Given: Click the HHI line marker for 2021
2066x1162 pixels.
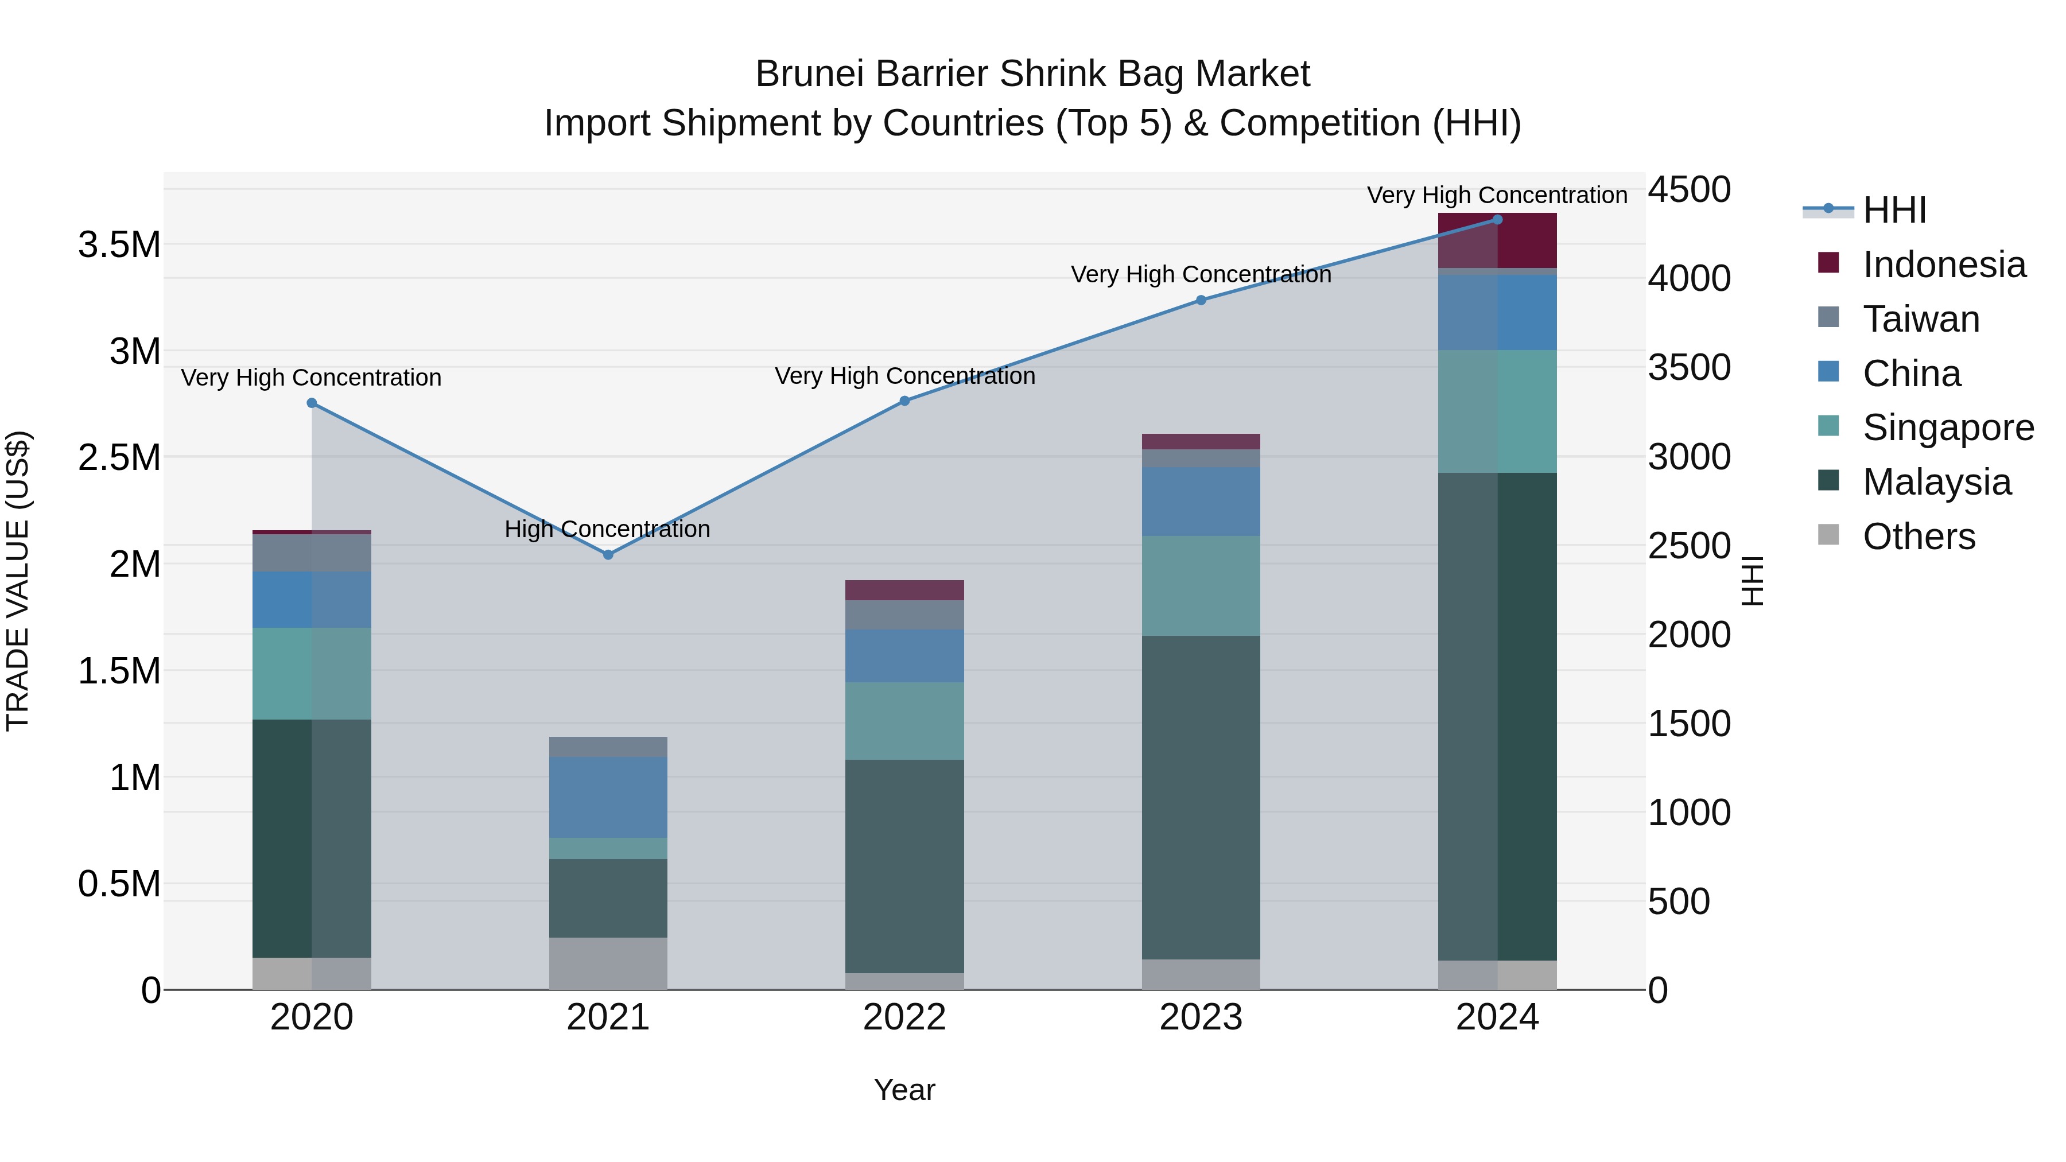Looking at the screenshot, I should click(x=608, y=554).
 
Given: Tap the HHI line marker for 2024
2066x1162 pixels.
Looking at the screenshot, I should click(x=1497, y=219).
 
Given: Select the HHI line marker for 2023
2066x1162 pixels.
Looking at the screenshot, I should click(x=1201, y=300).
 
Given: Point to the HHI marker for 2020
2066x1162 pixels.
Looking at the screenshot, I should click(x=312, y=403).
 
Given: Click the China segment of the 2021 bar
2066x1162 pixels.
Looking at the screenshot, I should click(x=608, y=796).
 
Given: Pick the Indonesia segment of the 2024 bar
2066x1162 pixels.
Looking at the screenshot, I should click(x=1497, y=240).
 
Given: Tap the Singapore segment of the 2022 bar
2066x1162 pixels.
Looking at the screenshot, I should click(x=904, y=720).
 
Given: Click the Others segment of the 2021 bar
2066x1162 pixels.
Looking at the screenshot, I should click(x=608, y=962).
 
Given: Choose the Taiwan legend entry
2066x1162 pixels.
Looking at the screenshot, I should click(x=1921, y=319).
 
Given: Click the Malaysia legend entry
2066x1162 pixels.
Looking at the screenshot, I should click(x=1936, y=482).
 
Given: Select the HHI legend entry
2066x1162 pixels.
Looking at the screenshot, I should click(x=1894, y=210).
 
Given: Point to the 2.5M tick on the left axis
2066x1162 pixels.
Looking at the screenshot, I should click(x=119, y=457).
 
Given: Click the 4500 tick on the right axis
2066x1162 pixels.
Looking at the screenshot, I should click(x=1688, y=190).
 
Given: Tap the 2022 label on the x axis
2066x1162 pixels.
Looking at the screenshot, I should click(x=904, y=1017).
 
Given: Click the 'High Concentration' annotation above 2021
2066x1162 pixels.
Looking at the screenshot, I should click(x=607, y=529).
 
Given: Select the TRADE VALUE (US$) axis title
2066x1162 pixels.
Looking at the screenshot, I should click(x=18, y=581).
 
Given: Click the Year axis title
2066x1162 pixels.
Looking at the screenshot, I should click(x=904, y=1090).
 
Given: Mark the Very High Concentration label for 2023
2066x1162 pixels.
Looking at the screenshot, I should click(x=1201, y=274).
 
